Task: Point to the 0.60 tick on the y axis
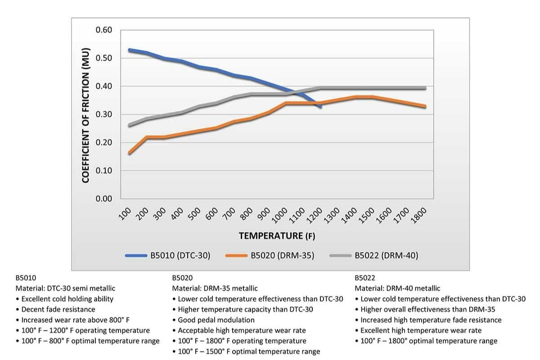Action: click(x=103, y=30)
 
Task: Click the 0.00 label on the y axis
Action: click(x=103, y=199)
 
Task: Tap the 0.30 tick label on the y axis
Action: click(x=103, y=114)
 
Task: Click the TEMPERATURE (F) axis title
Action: click(x=277, y=235)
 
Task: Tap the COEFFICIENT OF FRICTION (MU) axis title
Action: click(x=86, y=114)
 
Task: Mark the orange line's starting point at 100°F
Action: click(x=130, y=153)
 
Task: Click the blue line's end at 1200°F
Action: click(x=320, y=107)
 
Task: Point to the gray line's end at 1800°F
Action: click(x=425, y=88)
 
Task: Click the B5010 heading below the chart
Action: click(x=25, y=278)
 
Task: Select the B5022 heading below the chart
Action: click(x=364, y=278)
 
